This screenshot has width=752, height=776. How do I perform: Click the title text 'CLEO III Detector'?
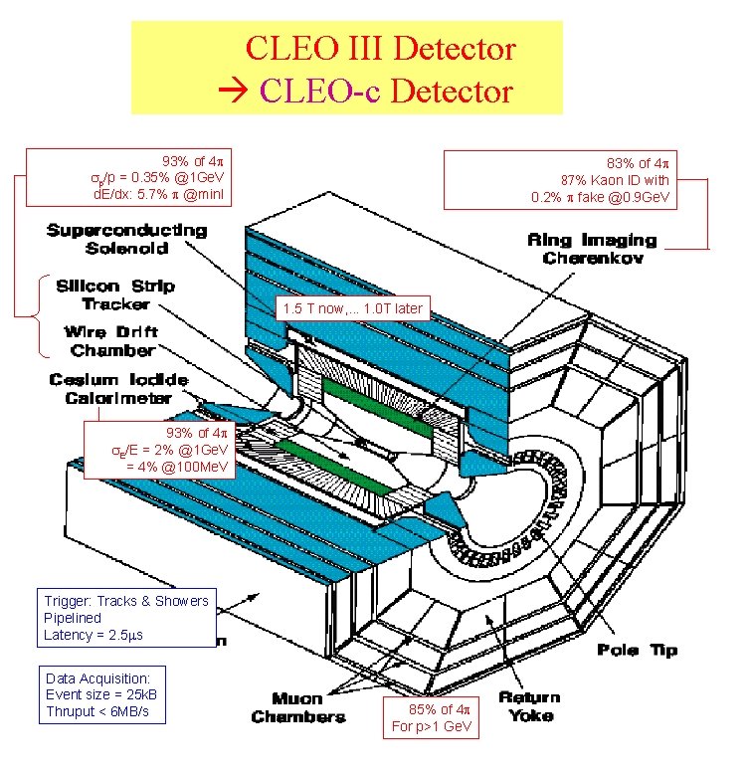pyautogui.click(x=380, y=47)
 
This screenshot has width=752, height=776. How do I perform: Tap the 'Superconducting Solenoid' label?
pyautogui.click(x=126, y=239)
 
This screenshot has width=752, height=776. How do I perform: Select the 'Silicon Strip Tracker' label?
pyautogui.click(x=114, y=294)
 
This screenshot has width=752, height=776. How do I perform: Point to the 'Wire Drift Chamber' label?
pyautogui.click(x=111, y=340)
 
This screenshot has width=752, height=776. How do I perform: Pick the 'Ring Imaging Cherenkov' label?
pyautogui.click(x=591, y=249)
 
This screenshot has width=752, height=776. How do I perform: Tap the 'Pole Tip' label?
pyautogui.click(x=638, y=649)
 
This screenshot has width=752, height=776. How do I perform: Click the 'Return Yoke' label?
pyautogui.click(x=528, y=705)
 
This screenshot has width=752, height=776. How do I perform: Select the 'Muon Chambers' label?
pyautogui.click(x=298, y=707)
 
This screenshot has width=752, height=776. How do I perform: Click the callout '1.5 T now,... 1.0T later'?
pyautogui.click(x=352, y=308)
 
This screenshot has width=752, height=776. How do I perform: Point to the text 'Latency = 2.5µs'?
pyautogui.click(x=94, y=635)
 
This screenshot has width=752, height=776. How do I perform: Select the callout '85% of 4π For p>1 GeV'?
pyautogui.click(x=430, y=717)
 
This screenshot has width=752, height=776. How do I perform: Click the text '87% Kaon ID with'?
pyautogui.click(x=615, y=180)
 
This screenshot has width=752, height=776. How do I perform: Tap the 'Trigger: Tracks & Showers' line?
pyautogui.click(x=126, y=600)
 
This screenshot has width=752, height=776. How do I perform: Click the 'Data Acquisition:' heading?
pyautogui.click(x=97, y=678)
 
